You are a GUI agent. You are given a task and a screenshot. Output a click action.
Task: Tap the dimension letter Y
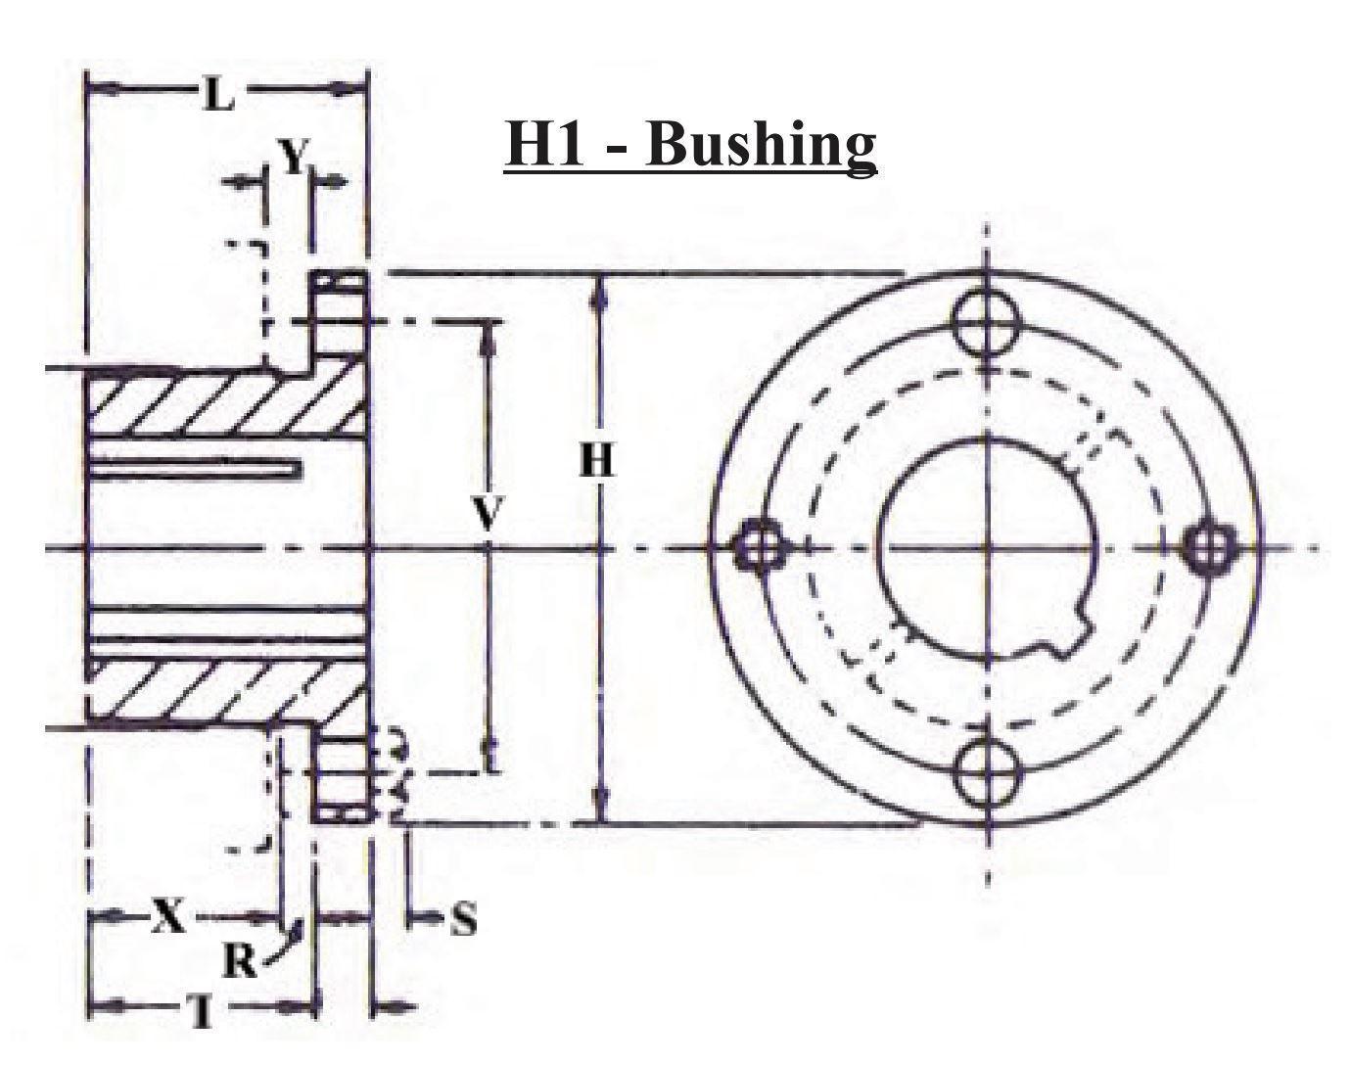292,157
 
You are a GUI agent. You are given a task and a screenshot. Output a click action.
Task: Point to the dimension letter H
597,460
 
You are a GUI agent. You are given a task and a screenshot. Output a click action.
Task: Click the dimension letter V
487,515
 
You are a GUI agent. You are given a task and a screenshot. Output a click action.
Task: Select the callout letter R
239,962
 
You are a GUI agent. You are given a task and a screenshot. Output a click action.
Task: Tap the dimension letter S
463,920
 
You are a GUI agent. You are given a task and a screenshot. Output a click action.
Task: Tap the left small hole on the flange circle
759,546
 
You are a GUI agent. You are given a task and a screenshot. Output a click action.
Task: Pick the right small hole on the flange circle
1209,546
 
